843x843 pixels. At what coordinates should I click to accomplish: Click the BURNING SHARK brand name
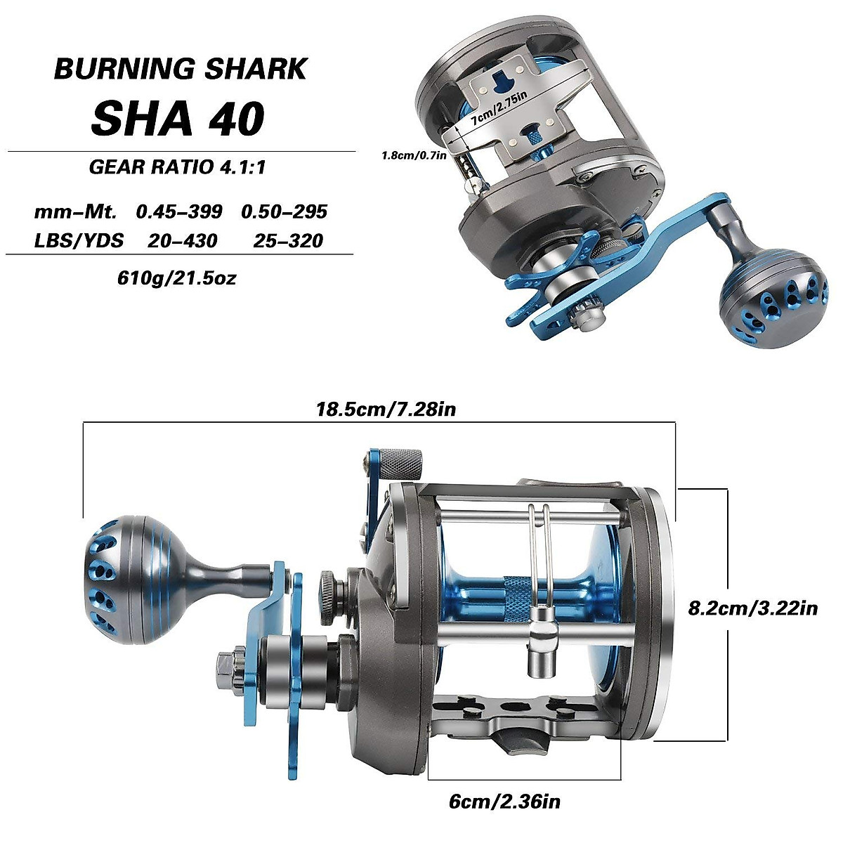(x=181, y=69)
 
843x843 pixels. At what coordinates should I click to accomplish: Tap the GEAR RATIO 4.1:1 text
(x=177, y=167)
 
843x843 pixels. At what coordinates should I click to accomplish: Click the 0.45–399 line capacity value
(x=179, y=211)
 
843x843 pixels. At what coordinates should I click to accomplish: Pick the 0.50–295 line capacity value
(x=284, y=211)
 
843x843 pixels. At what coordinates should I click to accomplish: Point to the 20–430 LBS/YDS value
(x=182, y=241)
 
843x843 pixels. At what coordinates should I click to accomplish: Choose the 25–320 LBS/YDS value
(x=288, y=241)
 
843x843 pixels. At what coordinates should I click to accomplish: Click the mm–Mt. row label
(x=75, y=211)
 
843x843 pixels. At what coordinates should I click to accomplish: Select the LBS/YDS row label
(x=79, y=241)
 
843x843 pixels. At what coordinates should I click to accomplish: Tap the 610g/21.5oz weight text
(x=177, y=277)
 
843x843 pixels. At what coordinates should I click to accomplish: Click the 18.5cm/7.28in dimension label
(x=386, y=409)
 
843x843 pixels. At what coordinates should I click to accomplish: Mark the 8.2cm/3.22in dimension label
(x=752, y=608)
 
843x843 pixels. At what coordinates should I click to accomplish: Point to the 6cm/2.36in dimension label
(x=504, y=801)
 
